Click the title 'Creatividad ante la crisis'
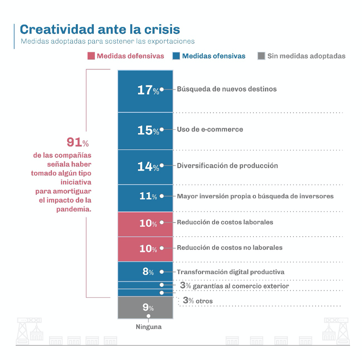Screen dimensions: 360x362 tap(100, 29)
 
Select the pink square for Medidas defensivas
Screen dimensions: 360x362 tap(91, 56)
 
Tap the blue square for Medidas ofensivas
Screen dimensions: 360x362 tap(176, 56)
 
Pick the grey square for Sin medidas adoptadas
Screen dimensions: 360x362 tap(261, 56)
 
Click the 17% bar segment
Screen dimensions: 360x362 tap(145, 90)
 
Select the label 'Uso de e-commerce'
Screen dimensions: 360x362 tap(210, 129)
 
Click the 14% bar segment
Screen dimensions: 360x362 tap(145, 166)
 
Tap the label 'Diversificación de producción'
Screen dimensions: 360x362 tap(227, 166)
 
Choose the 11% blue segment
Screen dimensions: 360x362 tap(145, 197)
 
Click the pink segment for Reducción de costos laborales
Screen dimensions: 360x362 tap(145, 223)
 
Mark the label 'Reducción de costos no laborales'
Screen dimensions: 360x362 tap(230, 247)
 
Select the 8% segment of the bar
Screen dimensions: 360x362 tap(145, 271)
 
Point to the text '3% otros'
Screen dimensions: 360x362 tap(197, 300)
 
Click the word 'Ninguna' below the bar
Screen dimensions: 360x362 tap(149, 327)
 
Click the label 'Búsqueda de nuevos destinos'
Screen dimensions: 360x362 tap(227, 89)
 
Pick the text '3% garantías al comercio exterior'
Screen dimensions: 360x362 tap(234, 286)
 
